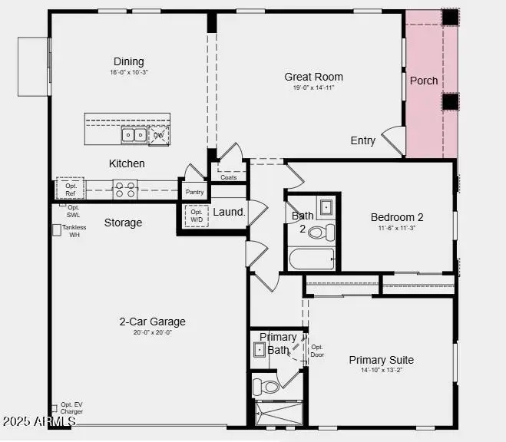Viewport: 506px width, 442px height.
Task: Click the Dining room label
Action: pyautogui.click(x=128, y=62)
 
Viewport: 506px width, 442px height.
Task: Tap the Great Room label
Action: pyautogui.click(x=313, y=77)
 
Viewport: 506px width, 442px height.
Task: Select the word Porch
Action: pyautogui.click(x=424, y=81)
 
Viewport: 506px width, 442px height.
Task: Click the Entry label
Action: pyautogui.click(x=363, y=140)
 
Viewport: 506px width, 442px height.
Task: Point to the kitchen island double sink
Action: pyautogui.click(x=134, y=136)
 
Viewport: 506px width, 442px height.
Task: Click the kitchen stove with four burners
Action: pyautogui.click(x=124, y=189)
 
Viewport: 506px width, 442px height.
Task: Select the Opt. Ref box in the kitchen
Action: pyautogui.click(x=70, y=190)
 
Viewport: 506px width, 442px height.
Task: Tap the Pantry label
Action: pyautogui.click(x=194, y=192)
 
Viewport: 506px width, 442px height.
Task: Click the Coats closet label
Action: pyautogui.click(x=228, y=177)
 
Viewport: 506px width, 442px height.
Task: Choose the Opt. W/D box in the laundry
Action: pyautogui.click(x=197, y=216)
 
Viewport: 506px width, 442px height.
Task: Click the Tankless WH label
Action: pyautogui.click(x=74, y=231)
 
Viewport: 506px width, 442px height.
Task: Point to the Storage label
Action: pyautogui.click(x=123, y=223)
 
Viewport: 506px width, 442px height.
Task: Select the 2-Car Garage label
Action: pyautogui.click(x=152, y=322)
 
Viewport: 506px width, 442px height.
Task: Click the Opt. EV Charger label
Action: pyautogui.click(x=71, y=408)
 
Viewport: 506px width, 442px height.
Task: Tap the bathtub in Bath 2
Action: pyautogui.click(x=312, y=259)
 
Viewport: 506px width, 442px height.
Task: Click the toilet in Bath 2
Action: pyautogui.click(x=327, y=231)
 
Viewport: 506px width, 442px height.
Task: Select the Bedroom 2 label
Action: pyautogui.click(x=397, y=217)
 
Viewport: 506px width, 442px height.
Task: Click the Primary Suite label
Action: pyautogui.click(x=381, y=360)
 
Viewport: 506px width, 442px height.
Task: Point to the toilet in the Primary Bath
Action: pyautogui.click(x=266, y=384)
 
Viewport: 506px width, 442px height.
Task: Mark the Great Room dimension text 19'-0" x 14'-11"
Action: pyautogui.click(x=313, y=87)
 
